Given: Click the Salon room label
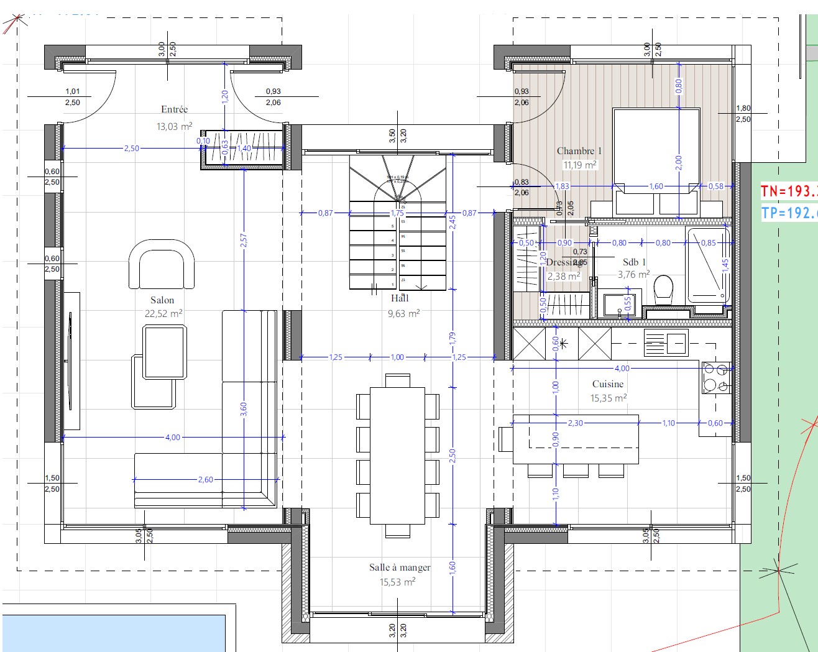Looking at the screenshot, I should (x=162, y=300).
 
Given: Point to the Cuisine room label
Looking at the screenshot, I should (x=607, y=384).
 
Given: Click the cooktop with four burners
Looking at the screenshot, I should (x=715, y=378).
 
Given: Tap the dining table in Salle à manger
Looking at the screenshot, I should (x=398, y=456).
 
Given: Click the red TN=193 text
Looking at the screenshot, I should (x=789, y=191).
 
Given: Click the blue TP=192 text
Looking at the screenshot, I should (x=789, y=213).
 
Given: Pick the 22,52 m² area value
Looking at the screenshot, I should (x=163, y=314).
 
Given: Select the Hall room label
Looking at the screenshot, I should (x=400, y=298).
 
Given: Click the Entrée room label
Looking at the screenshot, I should (x=174, y=109).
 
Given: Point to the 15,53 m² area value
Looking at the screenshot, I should (x=397, y=582).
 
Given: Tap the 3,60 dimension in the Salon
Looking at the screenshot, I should (x=244, y=409).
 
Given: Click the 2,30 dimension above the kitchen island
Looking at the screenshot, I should (x=575, y=423).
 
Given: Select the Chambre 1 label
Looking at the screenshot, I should (x=579, y=151).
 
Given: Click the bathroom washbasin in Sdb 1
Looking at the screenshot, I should (x=617, y=305).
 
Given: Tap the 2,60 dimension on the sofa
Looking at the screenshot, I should (x=205, y=480).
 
